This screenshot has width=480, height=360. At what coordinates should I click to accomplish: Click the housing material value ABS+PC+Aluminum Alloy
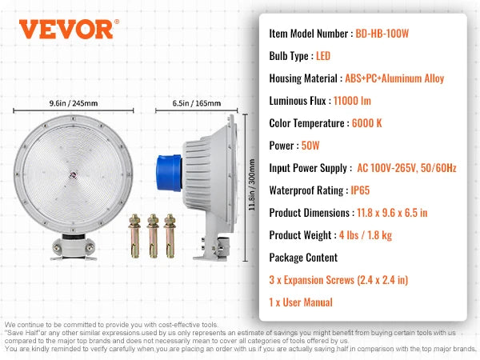point(394,78)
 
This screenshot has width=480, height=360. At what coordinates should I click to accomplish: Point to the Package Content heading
point(303,258)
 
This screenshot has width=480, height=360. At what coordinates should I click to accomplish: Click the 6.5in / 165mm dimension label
point(196,103)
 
